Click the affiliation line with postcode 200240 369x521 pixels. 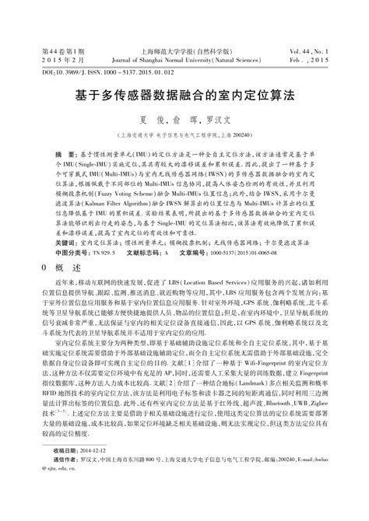[184, 135]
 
